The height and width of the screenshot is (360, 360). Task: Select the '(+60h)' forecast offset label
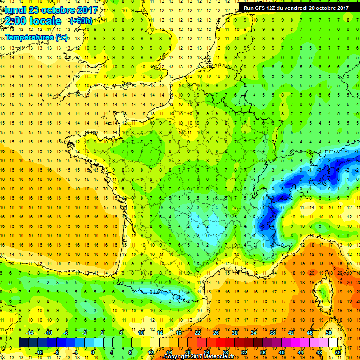tap(81, 21)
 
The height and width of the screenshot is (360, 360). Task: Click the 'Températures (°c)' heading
tap(36, 37)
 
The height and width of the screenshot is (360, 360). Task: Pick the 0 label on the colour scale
tap(93, 352)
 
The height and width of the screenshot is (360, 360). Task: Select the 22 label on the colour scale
tap(197, 332)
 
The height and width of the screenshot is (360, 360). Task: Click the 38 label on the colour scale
tap(272, 332)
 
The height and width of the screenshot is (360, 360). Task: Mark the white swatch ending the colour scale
tap(333, 342)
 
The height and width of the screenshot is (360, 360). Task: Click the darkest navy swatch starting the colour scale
tap(24, 342)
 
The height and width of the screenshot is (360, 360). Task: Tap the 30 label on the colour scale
tap(235, 332)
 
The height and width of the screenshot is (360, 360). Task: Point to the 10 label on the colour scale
tap(141, 332)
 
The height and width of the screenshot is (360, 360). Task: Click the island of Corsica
tap(323, 293)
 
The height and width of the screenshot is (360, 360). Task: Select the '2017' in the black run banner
tap(340, 7)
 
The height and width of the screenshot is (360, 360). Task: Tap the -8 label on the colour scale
tap(56, 352)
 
